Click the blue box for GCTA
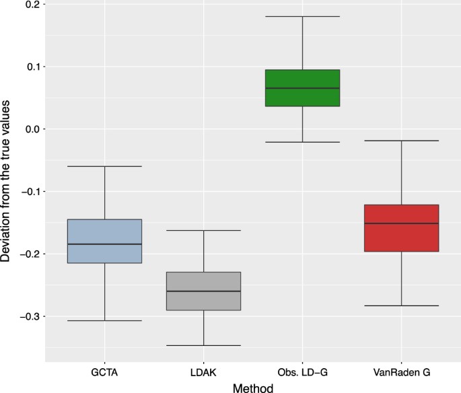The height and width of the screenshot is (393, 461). coord(104,241)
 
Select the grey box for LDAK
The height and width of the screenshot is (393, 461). coord(203,291)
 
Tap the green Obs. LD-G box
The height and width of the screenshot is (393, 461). coord(302,87)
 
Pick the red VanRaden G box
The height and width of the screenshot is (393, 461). coord(401,227)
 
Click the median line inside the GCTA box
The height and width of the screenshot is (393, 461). coord(104,244)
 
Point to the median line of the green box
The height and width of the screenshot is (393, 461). coord(302,88)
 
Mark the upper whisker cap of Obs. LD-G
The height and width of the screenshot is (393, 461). coord(302,16)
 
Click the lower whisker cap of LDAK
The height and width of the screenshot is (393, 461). coord(203,345)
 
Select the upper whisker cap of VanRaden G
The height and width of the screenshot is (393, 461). coord(401,141)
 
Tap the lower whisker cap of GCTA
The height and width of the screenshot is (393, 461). coord(104,320)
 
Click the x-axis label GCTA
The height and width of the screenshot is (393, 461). coord(104,371)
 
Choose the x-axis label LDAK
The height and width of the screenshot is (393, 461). coord(203,371)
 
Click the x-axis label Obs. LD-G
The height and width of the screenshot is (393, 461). coord(302,371)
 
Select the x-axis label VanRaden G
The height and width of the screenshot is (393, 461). coord(401,371)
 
